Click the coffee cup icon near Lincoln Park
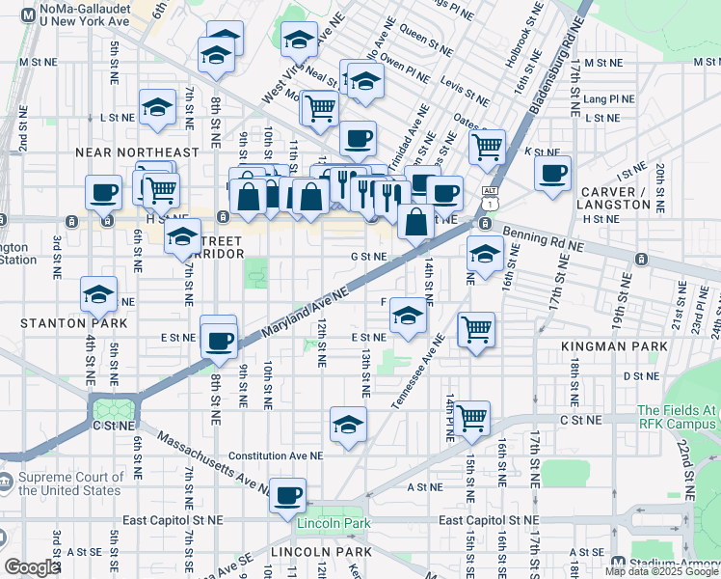point(287,496)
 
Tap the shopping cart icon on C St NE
point(472,419)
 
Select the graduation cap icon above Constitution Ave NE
point(348,423)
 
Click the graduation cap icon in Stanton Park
point(97,294)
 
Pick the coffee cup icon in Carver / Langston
point(552,174)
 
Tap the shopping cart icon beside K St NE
point(487,148)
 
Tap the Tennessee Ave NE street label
point(416,372)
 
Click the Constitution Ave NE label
point(276,456)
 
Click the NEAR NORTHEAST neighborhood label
point(138,152)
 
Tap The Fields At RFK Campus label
point(677,416)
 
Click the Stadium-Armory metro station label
point(675,563)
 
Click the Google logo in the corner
point(32,566)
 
